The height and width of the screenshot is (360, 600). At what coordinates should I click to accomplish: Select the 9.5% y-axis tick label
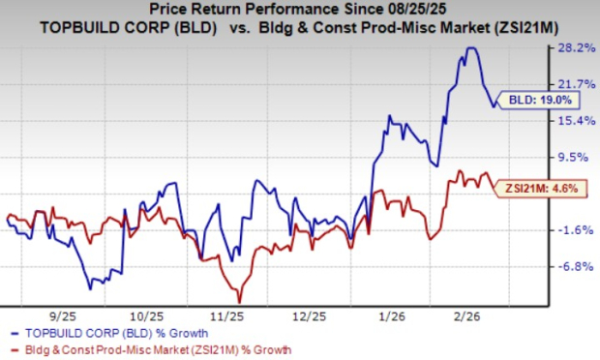coord(573,157)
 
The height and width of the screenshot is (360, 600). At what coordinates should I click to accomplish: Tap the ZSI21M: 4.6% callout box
coord(535,189)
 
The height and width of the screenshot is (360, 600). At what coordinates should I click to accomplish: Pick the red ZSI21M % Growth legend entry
coord(145,348)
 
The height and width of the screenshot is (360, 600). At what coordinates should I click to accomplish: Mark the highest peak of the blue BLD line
coord(471,48)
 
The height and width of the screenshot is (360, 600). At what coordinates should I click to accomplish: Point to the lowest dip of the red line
coord(238,300)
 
